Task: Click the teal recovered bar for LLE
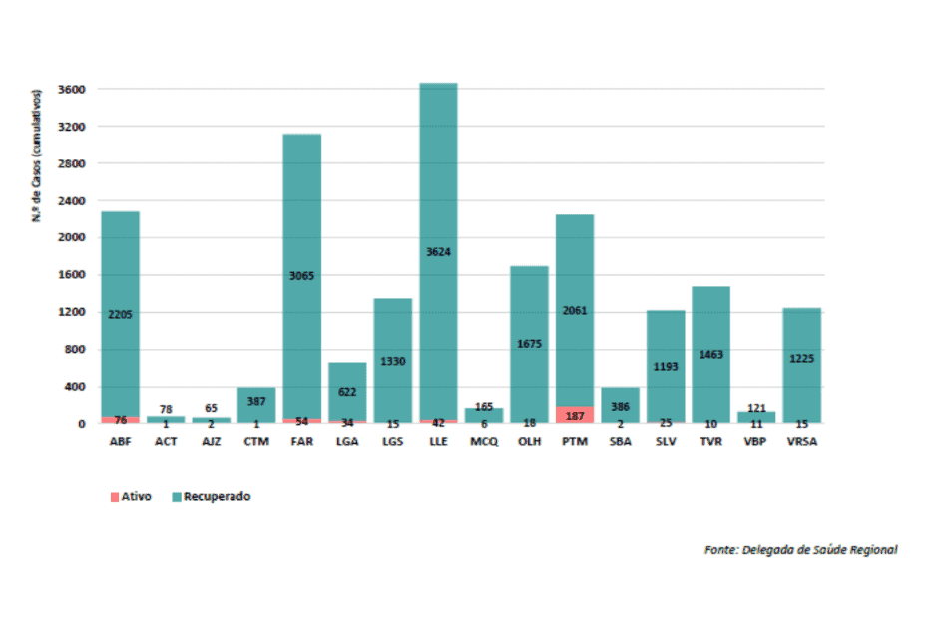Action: pyautogui.click(x=438, y=179)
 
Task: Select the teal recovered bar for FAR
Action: pyautogui.click(x=301, y=199)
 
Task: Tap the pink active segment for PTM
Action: pyautogui.click(x=574, y=414)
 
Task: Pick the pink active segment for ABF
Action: pyautogui.click(x=120, y=420)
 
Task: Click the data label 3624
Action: pyautogui.click(x=438, y=252)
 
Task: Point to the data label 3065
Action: pyautogui.click(x=301, y=276)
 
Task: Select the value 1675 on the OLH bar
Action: pyautogui.click(x=529, y=344)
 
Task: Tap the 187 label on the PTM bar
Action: pyautogui.click(x=574, y=415)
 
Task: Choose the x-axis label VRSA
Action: pyautogui.click(x=801, y=441)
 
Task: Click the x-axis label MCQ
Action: pyautogui.click(x=483, y=441)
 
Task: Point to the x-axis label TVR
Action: pyautogui.click(x=710, y=441)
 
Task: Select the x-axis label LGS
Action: pyautogui.click(x=392, y=441)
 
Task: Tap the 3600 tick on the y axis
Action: pyautogui.click(x=72, y=90)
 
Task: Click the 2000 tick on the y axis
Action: pyautogui.click(x=72, y=238)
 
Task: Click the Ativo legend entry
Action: pyautogui.click(x=131, y=496)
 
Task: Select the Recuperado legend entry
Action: pyautogui.click(x=211, y=496)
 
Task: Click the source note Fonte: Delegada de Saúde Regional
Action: pyautogui.click(x=800, y=549)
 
